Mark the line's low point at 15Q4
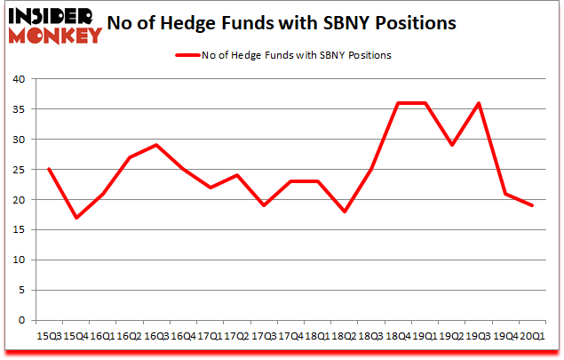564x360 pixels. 75,218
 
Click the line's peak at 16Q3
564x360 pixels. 156,145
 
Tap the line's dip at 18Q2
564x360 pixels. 345,212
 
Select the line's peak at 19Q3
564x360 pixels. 480,103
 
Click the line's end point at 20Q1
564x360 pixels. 534,205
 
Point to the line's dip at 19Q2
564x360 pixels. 453,145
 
